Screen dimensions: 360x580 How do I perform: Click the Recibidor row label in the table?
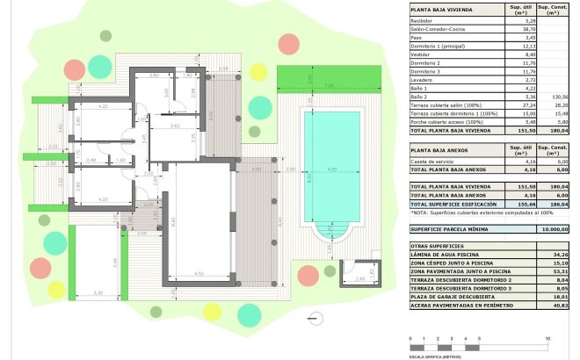click(424, 22)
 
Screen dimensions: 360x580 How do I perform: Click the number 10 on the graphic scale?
click(547, 337)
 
